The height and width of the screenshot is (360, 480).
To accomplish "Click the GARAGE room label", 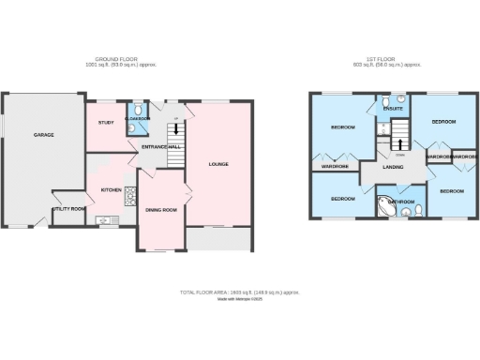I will pyautogui.click(x=44, y=135).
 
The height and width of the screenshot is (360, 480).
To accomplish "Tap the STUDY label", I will pyautogui.click(x=105, y=123).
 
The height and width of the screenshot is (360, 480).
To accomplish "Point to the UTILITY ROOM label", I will pyautogui.click(x=70, y=208).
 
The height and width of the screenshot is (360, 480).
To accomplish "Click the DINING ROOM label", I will pyautogui.click(x=161, y=209).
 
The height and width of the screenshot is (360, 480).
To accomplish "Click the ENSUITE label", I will pyautogui.click(x=393, y=108).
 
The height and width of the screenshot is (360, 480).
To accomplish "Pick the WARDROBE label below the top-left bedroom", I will pyautogui.click(x=335, y=166).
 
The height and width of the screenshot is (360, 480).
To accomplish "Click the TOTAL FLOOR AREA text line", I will pyautogui.click(x=239, y=292).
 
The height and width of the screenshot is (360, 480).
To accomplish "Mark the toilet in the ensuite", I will pyautogui.click(x=397, y=97).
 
